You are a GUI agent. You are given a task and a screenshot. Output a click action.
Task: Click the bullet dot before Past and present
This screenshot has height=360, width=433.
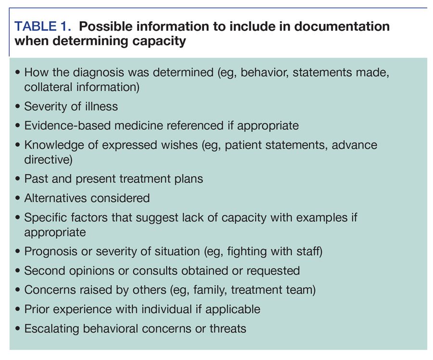(18, 179)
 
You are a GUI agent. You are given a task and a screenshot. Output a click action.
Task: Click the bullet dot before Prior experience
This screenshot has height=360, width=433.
(18, 309)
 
